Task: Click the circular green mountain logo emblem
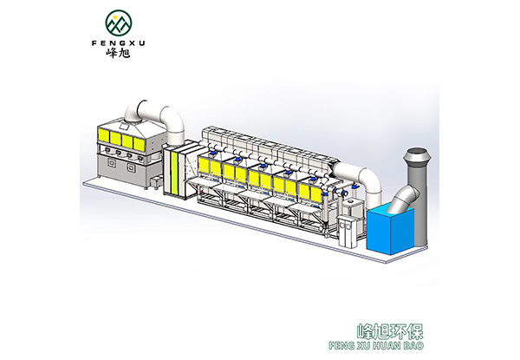(x=119, y=23)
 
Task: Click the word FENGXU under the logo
(x=119, y=43)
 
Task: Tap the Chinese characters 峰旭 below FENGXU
(x=119, y=53)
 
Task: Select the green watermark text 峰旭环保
(x=390, y=331)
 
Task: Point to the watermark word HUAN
(x=387, y=346)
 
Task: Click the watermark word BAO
(x=414, y=346)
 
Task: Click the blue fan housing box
(x=390, y=229)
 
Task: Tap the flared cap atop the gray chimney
(x=417, y=155)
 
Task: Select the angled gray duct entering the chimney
(x=404, y=198)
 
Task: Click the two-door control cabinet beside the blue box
(x=347, y=232)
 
